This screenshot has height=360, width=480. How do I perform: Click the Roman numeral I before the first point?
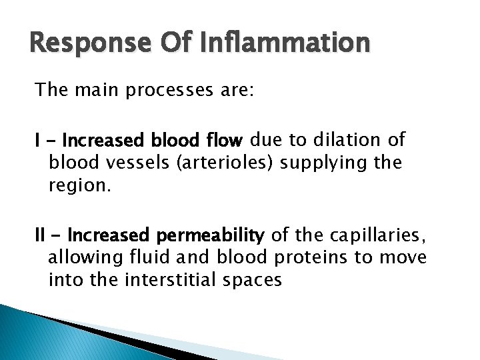[38, 141]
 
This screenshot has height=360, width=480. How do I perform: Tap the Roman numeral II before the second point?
[41, 236]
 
